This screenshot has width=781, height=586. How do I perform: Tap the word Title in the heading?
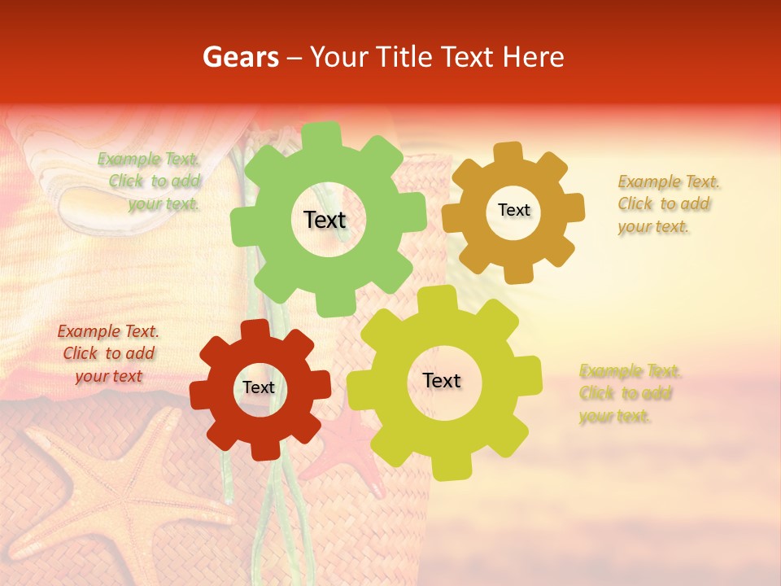(407, 57)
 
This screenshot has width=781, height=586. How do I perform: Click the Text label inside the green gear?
(325, 220)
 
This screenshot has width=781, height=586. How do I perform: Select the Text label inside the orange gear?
(513, 210)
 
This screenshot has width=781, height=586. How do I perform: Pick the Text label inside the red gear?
(259, 388)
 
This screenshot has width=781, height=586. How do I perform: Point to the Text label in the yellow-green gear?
(442, 380)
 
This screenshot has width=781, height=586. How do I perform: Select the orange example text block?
(668, 203)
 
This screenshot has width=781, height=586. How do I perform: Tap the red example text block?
(108, 353)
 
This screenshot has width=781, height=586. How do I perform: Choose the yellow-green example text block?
(630, 394)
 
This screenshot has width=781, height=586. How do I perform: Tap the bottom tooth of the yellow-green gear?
(444, 467)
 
